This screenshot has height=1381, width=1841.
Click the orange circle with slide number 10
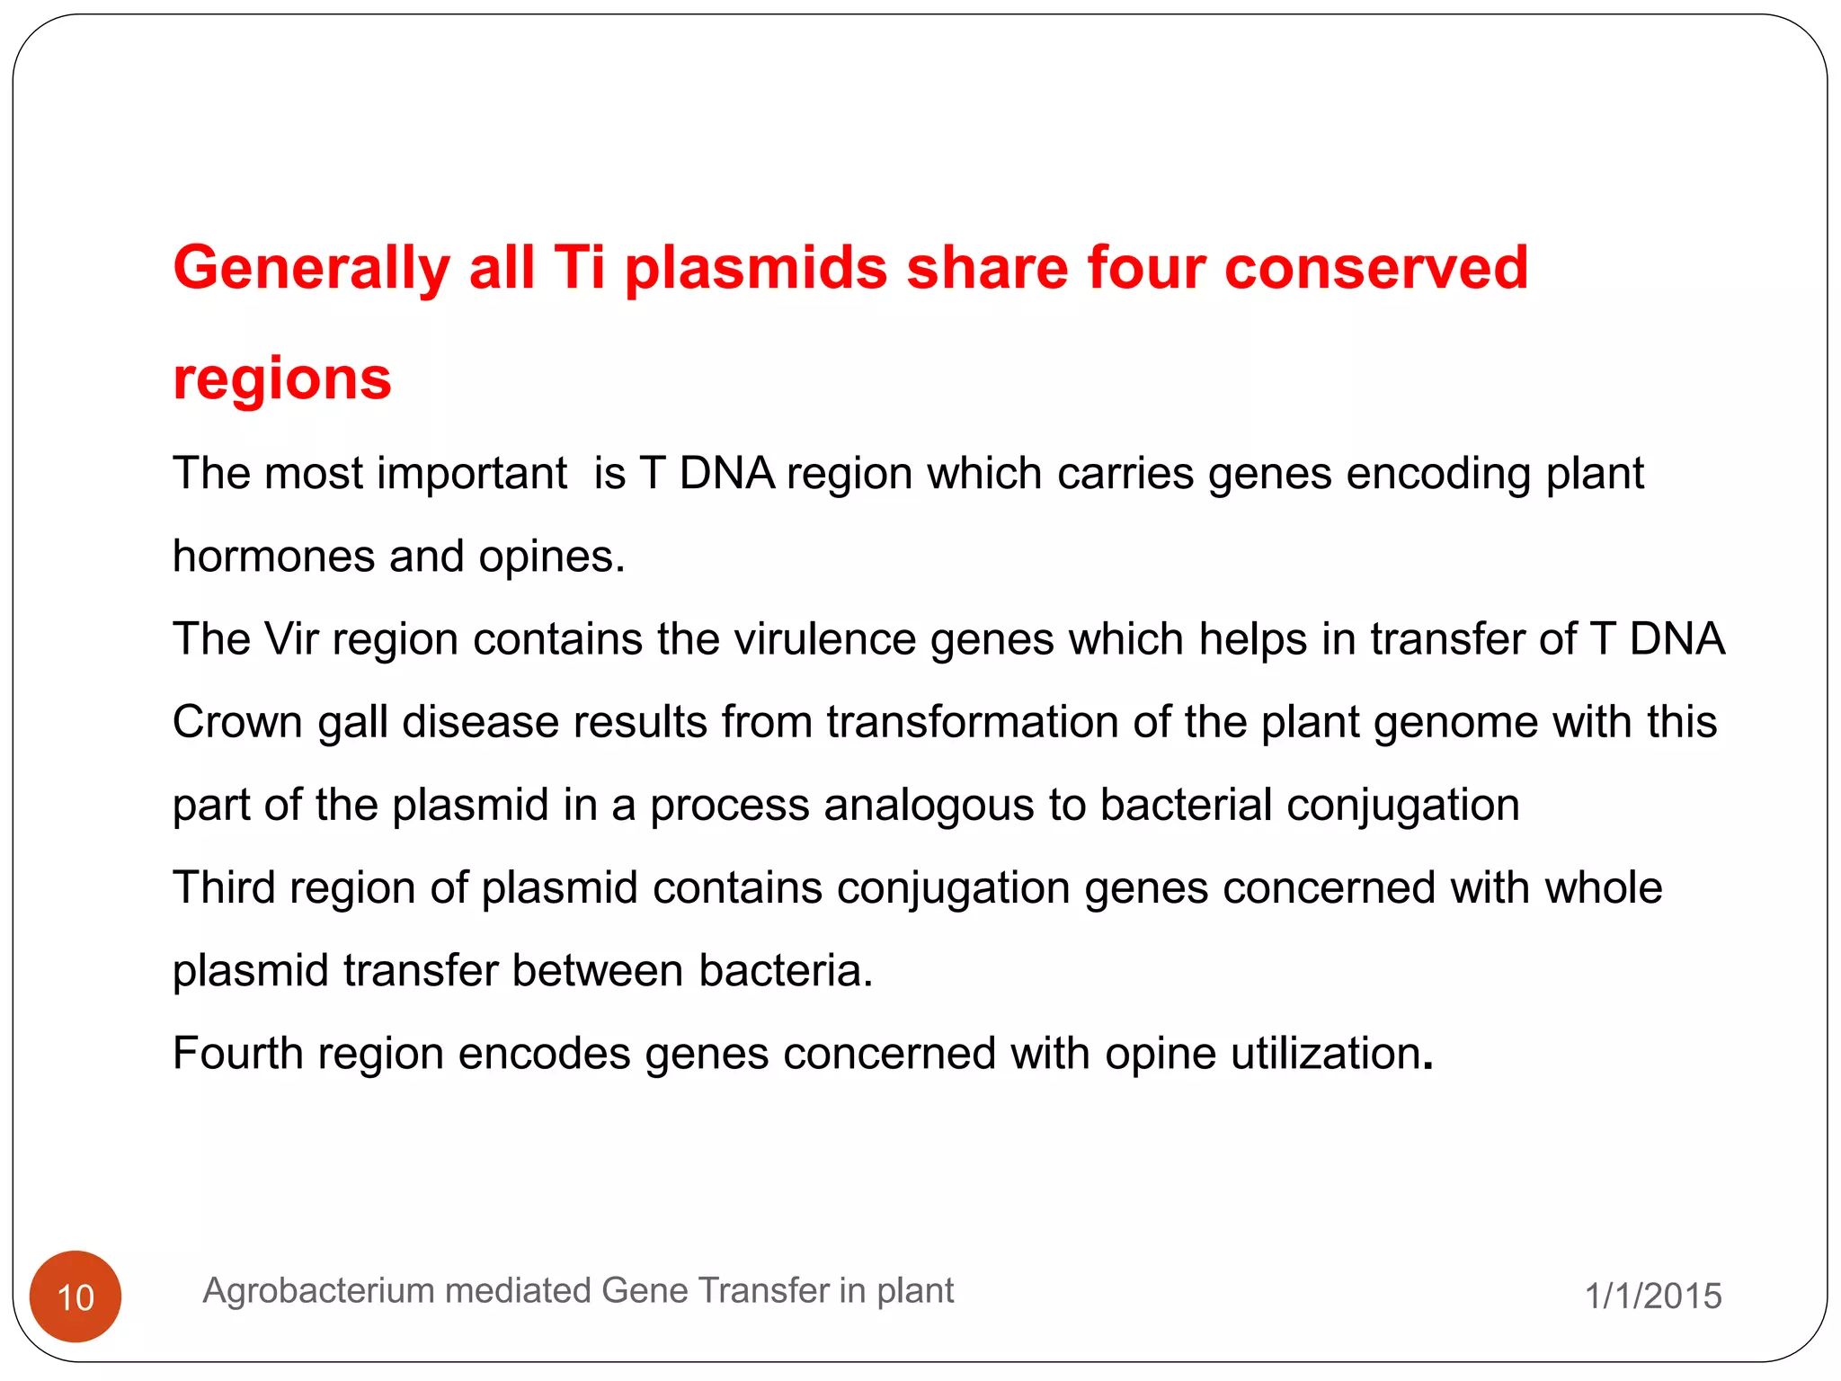76,1296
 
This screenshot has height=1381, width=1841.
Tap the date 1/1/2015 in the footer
1652,1296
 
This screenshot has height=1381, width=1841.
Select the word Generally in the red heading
311,269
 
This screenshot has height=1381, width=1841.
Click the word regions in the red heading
282,379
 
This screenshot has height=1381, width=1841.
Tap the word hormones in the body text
273,557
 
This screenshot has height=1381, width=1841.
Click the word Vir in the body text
291,639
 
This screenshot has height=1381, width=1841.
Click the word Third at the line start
224,888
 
